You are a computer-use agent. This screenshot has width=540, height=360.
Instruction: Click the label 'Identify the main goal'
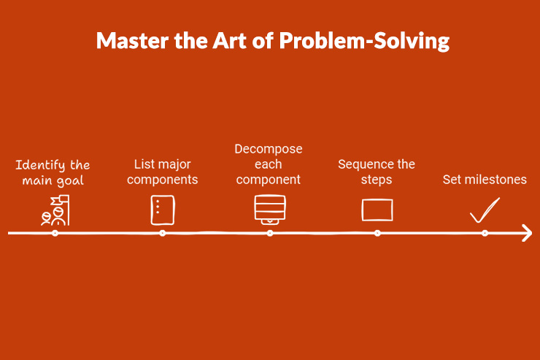pos(53,172)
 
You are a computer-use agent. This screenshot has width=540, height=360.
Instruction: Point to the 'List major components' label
pos(163,172)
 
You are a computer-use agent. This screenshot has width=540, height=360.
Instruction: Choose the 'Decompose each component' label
pos(269,164)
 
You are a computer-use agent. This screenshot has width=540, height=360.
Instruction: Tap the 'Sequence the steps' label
pos(377,172)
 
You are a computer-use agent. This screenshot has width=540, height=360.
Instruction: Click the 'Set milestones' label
pos(485,180)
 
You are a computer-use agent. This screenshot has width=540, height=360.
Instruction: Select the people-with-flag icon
pos(55,210)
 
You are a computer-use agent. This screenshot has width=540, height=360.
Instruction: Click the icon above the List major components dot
pos(162,210)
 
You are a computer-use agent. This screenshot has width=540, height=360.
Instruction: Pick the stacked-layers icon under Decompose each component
pos(269,209)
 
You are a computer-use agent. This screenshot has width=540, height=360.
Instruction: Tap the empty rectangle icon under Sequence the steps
pos(377,210)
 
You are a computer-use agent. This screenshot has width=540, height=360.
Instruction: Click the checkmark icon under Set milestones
pos(484,211)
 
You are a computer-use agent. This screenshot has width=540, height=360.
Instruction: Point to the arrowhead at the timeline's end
pos(526,233)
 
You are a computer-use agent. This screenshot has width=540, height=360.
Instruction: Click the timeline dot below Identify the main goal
pos(55,233)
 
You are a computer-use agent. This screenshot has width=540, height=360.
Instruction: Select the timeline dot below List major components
pos(163,233)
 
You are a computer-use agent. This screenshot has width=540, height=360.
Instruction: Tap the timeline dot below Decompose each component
pos(270,233)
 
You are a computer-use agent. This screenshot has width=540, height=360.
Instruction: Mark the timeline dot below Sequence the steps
pos(377,233)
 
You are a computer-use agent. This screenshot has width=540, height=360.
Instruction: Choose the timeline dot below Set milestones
pos(485,233)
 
